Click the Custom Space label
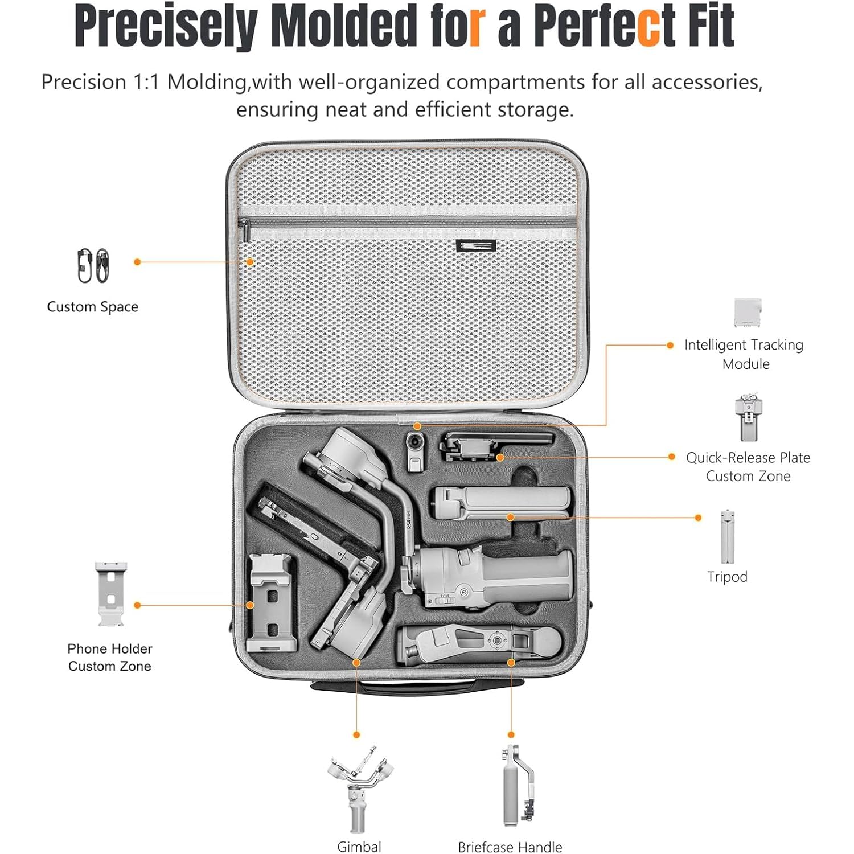[x=93, y=307]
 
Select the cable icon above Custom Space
[x=93, y=265]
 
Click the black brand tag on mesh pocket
[x=476, y=246]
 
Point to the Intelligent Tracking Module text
[x=744, y=354]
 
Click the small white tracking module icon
[x=748, y=313]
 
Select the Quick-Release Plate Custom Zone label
[x=748, y=466]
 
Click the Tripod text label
[x=727, y=577]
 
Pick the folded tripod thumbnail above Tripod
[x=727, y=537]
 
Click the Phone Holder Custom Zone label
[x=110, y=657]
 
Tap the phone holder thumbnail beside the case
[x=110, y=594]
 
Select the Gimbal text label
[x=359, y=847]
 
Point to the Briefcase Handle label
[x=510, y=847]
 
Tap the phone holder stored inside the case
[x=272, y=603]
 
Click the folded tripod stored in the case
[x=501, y=502]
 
